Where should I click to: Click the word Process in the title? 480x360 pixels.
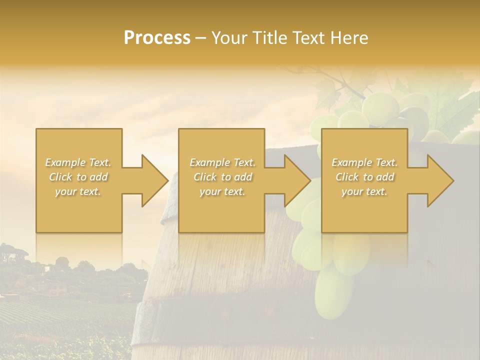[x=157, y=38]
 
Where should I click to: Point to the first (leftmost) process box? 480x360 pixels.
[x=79, y=210]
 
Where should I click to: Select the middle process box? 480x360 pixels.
[x=221, y=210]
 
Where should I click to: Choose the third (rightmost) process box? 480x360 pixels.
[x=364, y=210]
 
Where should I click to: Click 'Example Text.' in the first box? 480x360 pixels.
[x=78, y=162]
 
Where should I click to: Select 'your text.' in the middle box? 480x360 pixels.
[x=222, y=191]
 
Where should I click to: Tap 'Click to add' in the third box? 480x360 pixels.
[x=364, y=177]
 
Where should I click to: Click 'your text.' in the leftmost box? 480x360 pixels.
[x=78, y=191]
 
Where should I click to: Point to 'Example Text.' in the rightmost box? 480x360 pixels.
[x=364, y=162]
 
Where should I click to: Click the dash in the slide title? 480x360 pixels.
[x=200, y=38]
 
